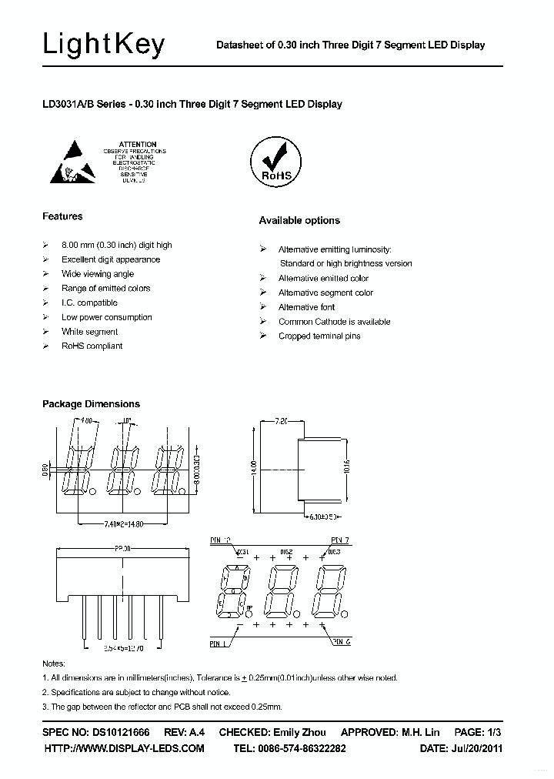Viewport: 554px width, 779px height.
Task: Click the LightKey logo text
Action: (103, 45)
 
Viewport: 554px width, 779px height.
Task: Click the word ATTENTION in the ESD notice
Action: (138, 145)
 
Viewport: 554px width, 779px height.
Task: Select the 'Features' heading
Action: (62, 216)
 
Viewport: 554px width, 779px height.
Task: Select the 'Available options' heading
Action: (299, 220)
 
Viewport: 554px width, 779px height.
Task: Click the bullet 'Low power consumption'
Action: (106, 317)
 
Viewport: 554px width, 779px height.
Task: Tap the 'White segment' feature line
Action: (89, 332)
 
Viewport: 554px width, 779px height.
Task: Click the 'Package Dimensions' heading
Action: (91, 403)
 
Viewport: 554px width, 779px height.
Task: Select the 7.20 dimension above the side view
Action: (280, 421)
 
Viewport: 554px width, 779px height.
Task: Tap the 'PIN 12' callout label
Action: (220, 540)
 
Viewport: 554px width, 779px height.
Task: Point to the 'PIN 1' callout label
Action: (219, 642)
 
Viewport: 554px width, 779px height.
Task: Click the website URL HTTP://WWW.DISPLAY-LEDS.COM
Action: (124, 748)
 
